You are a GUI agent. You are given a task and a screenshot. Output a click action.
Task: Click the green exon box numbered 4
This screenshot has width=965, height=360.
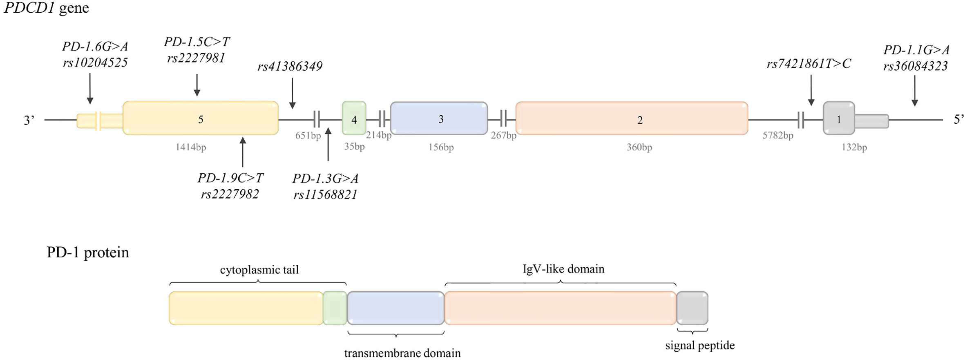click(x=354, y=119)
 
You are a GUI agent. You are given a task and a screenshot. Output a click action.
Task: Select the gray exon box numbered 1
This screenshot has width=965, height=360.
click(x=838, y=119)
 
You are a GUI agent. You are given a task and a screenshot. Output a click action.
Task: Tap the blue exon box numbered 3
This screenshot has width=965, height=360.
click(x=439, y=119)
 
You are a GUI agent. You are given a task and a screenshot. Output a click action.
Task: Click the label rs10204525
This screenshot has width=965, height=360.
click(x=95, y=63)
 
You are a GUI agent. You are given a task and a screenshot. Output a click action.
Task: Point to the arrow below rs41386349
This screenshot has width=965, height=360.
click(x=292, y=93)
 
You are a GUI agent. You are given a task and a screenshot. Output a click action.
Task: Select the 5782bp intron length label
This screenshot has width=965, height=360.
click(x=777, y=135)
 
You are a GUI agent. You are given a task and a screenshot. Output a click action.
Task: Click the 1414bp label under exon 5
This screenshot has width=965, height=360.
click(x=191, y=147)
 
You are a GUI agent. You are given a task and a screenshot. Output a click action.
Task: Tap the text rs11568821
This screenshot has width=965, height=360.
click(x=325, y=195)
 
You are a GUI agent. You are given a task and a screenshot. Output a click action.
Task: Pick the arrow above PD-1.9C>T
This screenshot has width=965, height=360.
click(x=243, y=152)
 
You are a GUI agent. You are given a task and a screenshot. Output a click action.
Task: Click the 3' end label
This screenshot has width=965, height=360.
click(x=29, y=120)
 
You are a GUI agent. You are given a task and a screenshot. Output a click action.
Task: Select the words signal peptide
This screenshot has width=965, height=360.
click(x=700, y=346)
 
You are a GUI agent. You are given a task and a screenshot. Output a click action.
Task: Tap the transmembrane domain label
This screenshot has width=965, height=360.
click(x=402, y=353)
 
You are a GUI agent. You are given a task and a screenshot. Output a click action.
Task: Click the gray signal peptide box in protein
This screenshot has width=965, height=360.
click(x=692, y=308)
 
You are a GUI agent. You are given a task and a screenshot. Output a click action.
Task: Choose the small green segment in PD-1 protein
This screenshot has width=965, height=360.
click(x=335, y=308)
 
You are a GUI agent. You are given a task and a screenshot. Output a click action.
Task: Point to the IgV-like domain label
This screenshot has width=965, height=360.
click(x=563, y=269)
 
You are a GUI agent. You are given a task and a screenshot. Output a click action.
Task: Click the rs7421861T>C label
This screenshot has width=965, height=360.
click(x=809, y=64)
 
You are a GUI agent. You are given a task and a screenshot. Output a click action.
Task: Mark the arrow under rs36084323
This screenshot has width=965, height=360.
click(x=915, y=91)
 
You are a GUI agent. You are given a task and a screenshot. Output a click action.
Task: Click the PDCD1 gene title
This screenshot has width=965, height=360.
click(x=46, y=8)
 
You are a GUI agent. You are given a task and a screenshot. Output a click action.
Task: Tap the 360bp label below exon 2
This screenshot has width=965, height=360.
click(x=639, y=147)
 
